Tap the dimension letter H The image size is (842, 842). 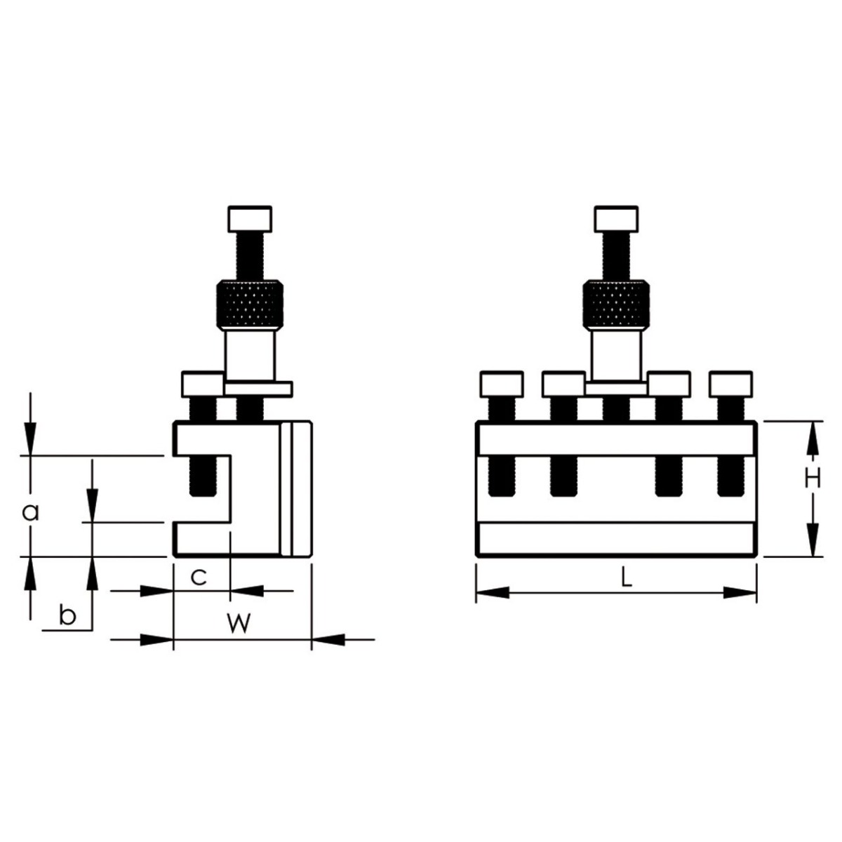click(812, 479)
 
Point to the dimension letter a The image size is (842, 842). click(29, 513)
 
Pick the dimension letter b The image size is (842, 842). click(67, 616)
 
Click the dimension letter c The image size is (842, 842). click(199, 577)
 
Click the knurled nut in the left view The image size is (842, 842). click(249, 305)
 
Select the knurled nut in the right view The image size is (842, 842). click(616, 305)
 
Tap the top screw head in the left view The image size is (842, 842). click(249, 218)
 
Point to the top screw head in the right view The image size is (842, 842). click(616, 218)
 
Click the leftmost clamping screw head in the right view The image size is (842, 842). click(502, 383)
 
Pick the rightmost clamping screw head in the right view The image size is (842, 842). click(730, 383)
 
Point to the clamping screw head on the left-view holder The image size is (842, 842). click(201, 383)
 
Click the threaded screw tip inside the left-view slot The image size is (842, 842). click(201, 477)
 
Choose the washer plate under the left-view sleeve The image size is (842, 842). click(258, 389)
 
